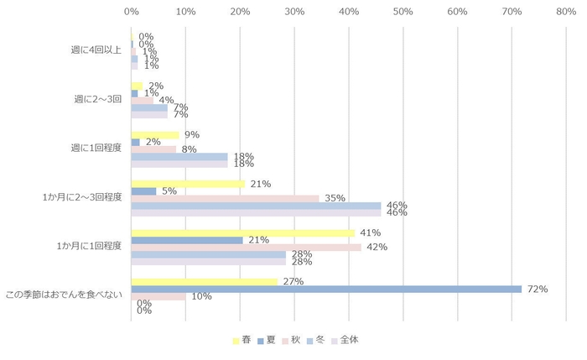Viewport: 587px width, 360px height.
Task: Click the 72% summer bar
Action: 326,289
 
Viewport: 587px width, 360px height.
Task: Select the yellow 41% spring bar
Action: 242,232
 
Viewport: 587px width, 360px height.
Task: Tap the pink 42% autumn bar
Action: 246,248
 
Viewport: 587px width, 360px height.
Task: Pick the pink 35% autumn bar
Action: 225,198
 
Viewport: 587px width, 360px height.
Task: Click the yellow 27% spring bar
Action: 204,282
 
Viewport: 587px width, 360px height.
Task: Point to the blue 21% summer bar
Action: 187,240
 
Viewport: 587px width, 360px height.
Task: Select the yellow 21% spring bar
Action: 188,184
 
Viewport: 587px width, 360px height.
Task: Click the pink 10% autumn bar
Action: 158,296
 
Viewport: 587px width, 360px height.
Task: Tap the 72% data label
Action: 537,289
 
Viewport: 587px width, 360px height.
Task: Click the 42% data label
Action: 377,248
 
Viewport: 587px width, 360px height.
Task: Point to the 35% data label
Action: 335,198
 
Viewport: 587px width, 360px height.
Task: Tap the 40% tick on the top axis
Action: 348,12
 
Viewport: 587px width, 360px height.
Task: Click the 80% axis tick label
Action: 566,12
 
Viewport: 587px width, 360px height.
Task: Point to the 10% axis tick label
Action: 185,12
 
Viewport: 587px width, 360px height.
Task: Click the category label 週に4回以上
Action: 96,50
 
